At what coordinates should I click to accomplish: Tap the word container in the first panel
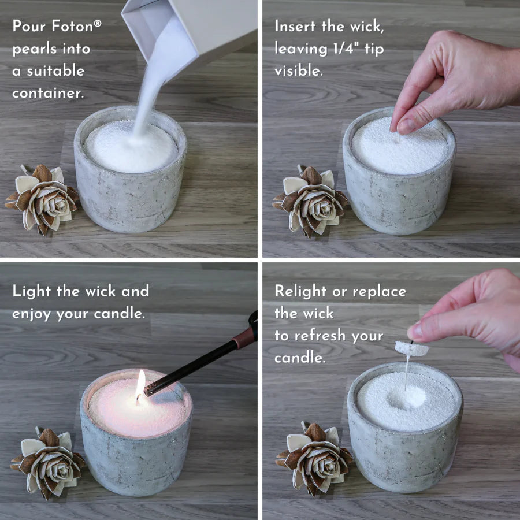[48, 93]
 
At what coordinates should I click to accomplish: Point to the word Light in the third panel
[32, 291]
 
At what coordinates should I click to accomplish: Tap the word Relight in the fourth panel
[305, 291]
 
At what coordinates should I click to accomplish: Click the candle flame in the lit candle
[140, 384]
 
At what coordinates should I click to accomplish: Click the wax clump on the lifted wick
[411, 348]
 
